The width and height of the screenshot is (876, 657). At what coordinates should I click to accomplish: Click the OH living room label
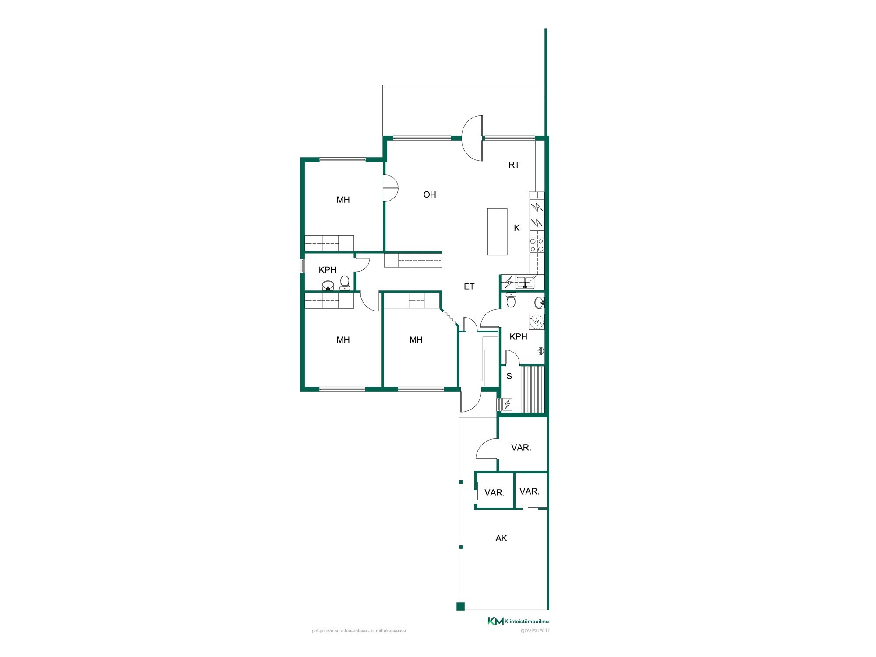tap(430, 194)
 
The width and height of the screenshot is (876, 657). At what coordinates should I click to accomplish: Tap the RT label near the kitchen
tap(514, 165)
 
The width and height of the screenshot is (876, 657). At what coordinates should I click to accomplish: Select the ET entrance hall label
tap(469, 286)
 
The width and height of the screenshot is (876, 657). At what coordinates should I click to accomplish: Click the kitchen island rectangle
tap(497, 232)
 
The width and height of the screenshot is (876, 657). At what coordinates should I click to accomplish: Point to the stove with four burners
tap(537, 245)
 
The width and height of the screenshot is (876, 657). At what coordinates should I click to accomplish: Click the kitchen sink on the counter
tap(525, 282)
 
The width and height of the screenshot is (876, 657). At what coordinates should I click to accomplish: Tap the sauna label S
tap(509, 376)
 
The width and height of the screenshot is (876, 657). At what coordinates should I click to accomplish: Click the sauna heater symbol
tap(507, 404)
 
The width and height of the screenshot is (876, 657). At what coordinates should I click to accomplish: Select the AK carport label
tap(501, 538)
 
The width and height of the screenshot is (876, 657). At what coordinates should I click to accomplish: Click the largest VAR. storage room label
tap(521, 448)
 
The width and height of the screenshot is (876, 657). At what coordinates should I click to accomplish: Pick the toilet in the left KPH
tap(345, 283)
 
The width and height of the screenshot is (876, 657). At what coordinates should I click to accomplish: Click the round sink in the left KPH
tap(328, 286)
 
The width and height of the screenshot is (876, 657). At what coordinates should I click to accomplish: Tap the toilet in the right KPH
tap(511, 300)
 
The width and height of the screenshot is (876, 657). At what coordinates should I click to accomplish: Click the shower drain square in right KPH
tap(537, 321)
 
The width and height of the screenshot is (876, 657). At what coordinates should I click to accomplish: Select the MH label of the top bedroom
tap(343, 200)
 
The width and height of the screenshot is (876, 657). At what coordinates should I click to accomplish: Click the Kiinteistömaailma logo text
tap(526, 621)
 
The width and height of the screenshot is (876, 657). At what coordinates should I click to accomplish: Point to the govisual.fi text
tap(535, 631)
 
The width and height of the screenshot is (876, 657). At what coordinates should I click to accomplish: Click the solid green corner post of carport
tap(460, 606)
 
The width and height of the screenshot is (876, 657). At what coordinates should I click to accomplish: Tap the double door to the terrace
tap(473, 138)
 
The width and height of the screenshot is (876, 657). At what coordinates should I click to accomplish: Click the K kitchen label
tap(517, 228)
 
